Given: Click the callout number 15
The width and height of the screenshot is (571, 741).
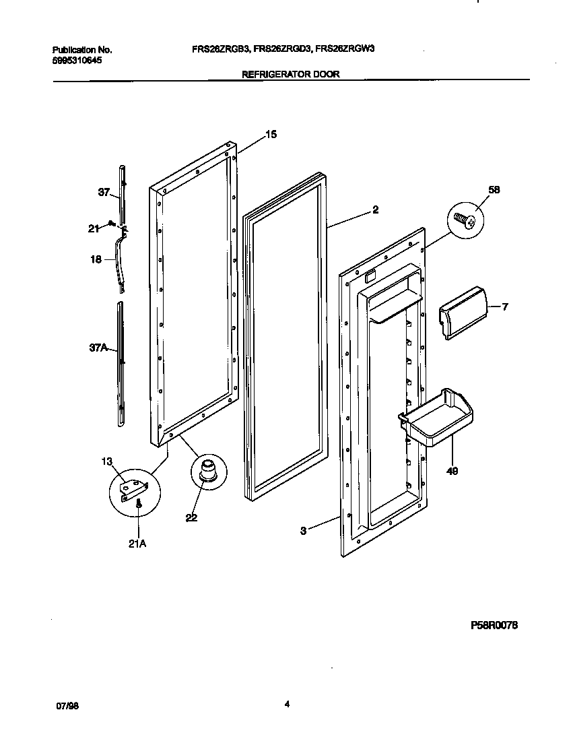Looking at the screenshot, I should point(270,135).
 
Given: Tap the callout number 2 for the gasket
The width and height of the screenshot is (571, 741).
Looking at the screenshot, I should point(375,210).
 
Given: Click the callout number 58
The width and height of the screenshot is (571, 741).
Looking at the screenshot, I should point(494,190).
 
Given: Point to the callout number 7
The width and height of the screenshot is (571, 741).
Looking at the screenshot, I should point(505,307).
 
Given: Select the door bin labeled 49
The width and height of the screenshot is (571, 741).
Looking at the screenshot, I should point(436,418).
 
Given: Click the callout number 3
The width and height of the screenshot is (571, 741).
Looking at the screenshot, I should point(304,531).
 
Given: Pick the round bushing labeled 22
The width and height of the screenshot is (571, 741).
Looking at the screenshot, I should point(209,469).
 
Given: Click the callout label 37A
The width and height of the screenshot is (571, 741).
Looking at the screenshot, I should point(99,350).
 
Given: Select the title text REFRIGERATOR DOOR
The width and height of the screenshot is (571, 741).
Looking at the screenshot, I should point(291,75).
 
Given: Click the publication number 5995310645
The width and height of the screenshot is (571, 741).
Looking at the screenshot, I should point(77,61).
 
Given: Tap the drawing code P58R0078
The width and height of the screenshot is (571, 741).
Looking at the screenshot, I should point(494,626).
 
